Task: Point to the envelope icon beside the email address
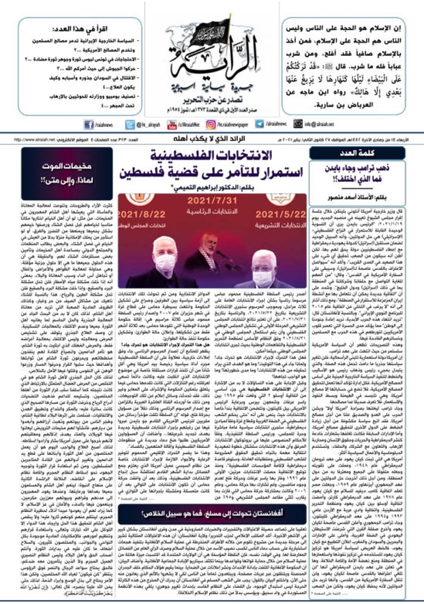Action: pyautogui.click(x=298, y=125)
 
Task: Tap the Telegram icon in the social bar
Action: pyautogui.click(x=260, y=125)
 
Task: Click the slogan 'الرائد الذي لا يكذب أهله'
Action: pyautogui.click(x=212, y=140)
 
